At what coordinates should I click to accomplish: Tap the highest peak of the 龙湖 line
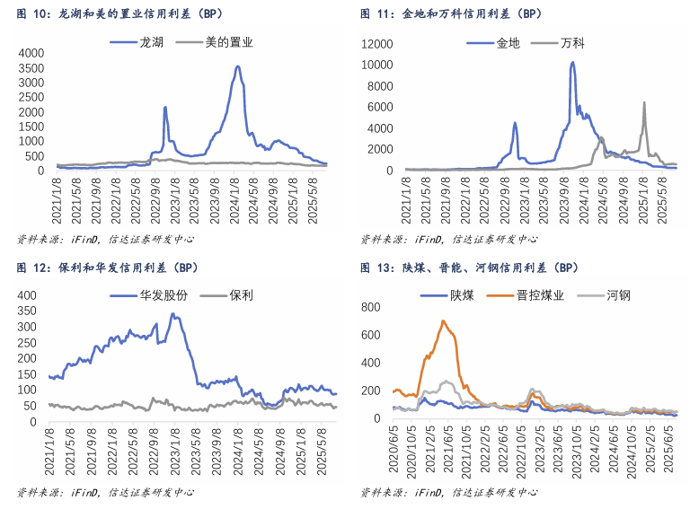click(237, 66)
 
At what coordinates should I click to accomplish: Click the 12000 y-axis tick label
click(377, 44)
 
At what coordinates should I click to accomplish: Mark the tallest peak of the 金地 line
click(572, 63)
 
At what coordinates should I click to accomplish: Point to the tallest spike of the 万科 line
click(644, 102)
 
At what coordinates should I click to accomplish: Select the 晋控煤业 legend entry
click(540, 294)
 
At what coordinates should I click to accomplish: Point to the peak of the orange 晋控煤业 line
click(443, 321)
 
